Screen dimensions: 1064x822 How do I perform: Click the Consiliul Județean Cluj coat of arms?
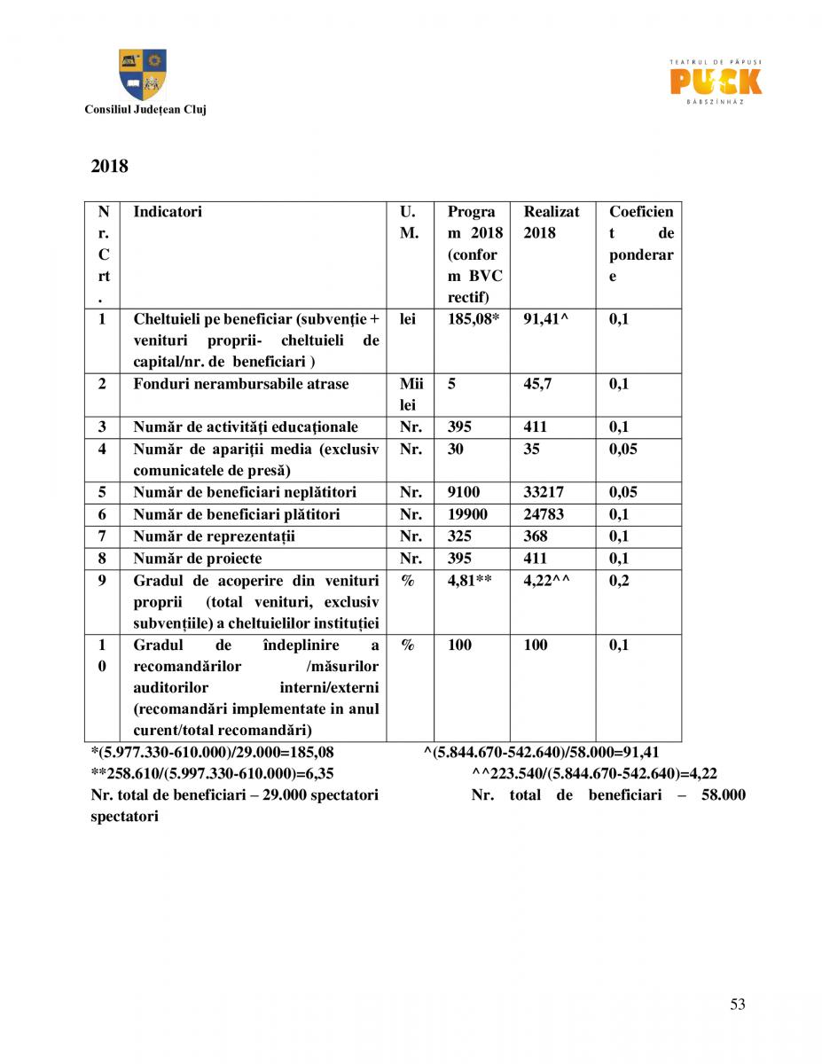tap(143, 74)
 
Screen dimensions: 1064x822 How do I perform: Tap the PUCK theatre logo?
tap(716, 82)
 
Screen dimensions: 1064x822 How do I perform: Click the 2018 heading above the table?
tap(109, 166)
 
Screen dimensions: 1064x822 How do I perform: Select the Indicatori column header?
tap(168, 212)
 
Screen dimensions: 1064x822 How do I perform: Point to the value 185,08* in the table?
tap(474, 319)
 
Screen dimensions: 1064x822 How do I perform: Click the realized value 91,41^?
tap(545, 319)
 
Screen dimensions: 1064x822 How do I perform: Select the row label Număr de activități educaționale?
tap(246, 427)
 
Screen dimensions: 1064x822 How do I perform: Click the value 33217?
tap(543, 492)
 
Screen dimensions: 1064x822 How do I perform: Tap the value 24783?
tap(543, 514)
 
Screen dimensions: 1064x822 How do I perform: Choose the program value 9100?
tap(464, 492)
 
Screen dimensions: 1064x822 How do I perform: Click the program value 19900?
tap(467, 514)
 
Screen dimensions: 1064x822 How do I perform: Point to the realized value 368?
tap(536, 536)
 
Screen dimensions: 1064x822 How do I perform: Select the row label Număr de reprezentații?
tap(214, 536)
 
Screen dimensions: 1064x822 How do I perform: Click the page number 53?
tap(738, 1004)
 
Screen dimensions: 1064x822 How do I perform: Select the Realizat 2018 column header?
tap(551, 223)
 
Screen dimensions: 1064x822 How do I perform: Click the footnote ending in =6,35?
tap(213, 773)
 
